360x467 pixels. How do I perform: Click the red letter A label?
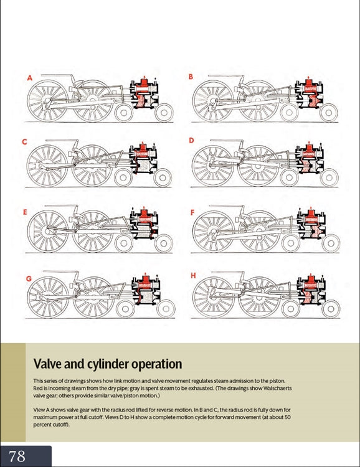click(29, 78)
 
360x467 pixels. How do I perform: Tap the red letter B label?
click(191, 77)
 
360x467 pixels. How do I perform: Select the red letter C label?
click(24, 142)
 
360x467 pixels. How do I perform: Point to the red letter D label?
click(191, 140)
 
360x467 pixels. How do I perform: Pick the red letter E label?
click(25, 212)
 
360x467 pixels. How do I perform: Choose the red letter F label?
click(192, 212)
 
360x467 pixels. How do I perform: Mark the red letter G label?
click(29, 279)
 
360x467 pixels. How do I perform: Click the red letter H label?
click(193, 276)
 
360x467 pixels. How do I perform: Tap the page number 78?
click(17, 456)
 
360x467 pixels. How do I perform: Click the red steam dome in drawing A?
click(144, 82)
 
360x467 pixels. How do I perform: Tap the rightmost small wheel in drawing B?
click(329, 113)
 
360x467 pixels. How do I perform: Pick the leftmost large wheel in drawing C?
click(47, 166)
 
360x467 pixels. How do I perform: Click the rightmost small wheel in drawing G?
click(166, 309)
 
